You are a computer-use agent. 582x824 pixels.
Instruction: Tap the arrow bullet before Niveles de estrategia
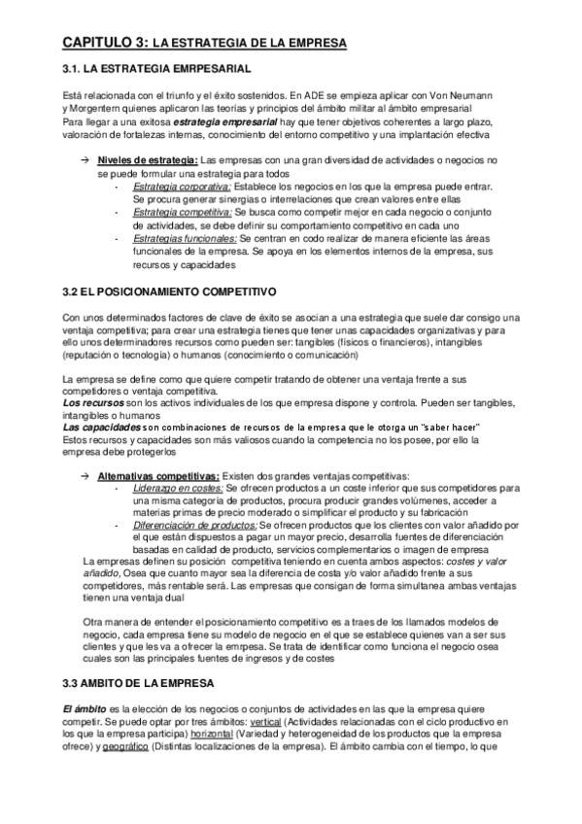[86, 158]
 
